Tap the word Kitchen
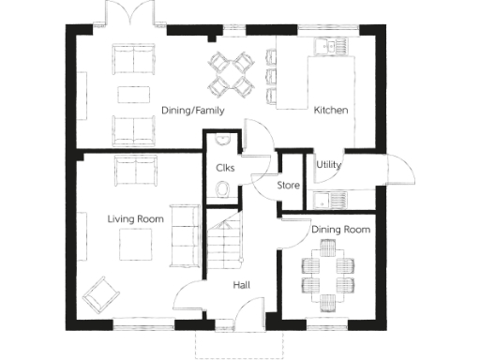[x=331, y=110]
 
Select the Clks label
[x=224, y=168]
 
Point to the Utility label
[x=328, y=165]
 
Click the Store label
[x=289, y=185]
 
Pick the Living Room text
[x=135, y=218]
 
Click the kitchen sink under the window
[x=331, y=45]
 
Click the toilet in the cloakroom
[x=223, y=190]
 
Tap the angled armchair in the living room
[x=99, y=296]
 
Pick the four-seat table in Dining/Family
[x=231, y=73]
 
